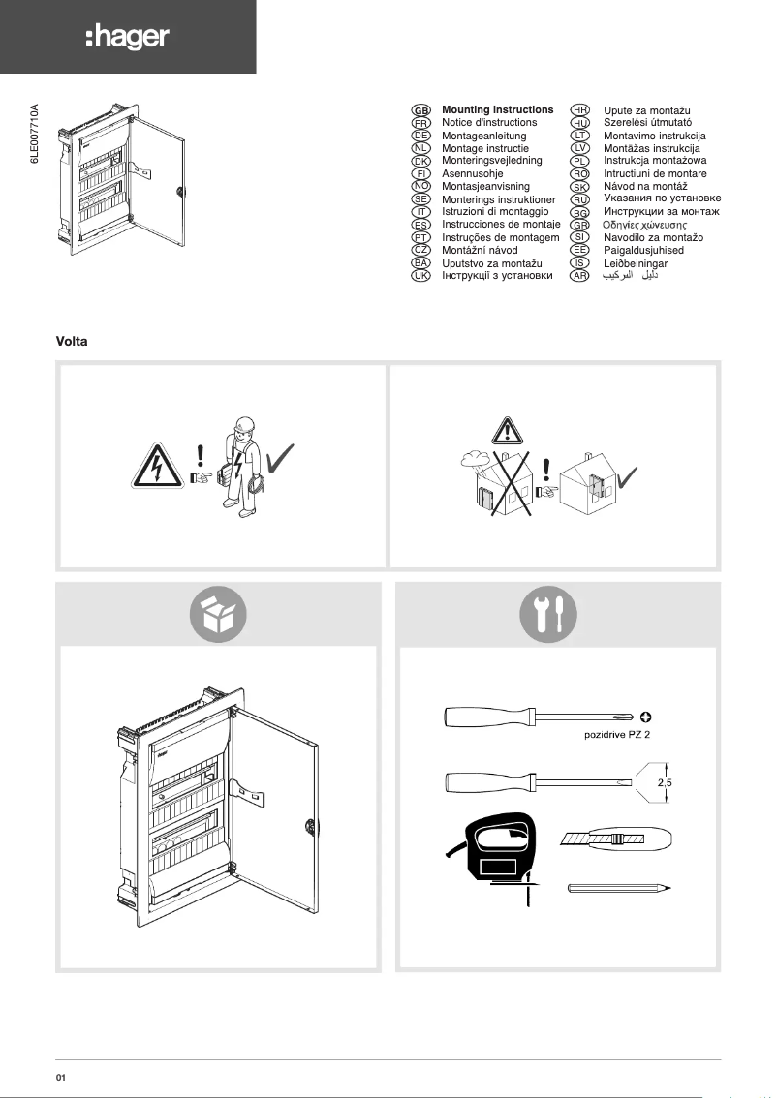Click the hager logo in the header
(127, 37)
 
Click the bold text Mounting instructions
(497, 110)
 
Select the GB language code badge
(421, 110)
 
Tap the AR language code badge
(580, 276)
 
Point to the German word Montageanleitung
(483, 137)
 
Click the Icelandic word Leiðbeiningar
(636, 263)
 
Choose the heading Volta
(75, 343)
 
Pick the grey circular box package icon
(218, 615)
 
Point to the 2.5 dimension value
(665, 782)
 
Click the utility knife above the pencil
(618, 839)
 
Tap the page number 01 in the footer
(60, 1076)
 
